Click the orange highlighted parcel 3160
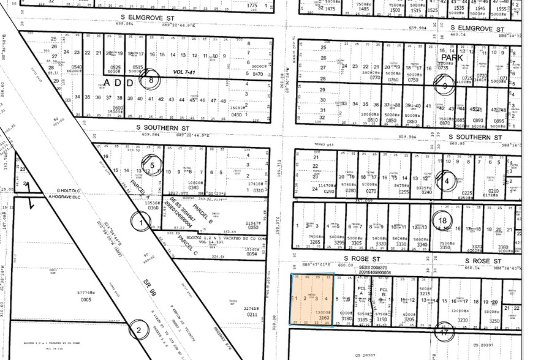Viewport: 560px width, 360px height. pos(312,300)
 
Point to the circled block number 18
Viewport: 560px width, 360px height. pos(442,221)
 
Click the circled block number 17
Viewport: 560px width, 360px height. pos(443,332)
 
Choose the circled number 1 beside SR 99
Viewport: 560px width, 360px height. pos(143,222)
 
